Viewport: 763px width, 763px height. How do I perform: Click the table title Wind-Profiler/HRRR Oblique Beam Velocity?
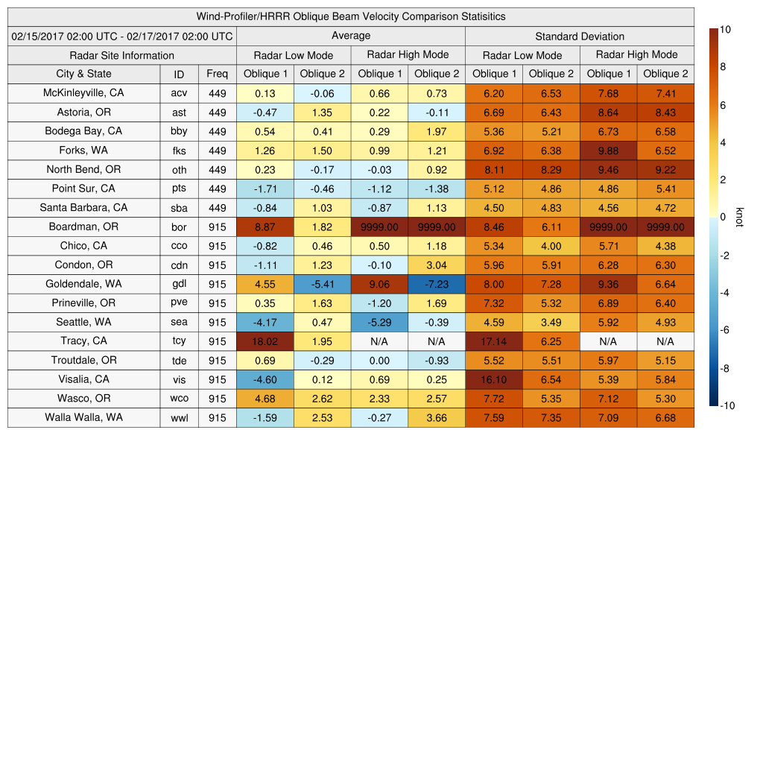tap(351, 16)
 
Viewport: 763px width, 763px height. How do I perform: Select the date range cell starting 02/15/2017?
tap(122, 36)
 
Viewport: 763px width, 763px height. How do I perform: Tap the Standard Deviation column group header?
tap(580, 36)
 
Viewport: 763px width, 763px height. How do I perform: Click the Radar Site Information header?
tap(122, 55)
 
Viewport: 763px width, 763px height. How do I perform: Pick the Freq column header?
tap(217, 74)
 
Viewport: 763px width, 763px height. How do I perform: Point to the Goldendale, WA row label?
tap(83, 284)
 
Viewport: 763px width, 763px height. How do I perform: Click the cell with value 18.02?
tap(265, 341)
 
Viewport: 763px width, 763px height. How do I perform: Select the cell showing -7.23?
tap(437, 284)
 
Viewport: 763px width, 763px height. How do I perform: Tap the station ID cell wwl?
tap(179, 418)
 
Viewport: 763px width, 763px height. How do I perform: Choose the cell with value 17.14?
tap(493, 341)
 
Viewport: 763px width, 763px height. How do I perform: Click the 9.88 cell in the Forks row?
tap(608, 151)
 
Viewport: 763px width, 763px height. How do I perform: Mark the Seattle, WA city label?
tap(83, 322)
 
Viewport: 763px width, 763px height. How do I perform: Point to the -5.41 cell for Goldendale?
tap(322, 284)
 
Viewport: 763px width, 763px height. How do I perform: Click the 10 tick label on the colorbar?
tap(725, 29)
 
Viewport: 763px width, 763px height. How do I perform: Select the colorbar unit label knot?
tap(739, 218)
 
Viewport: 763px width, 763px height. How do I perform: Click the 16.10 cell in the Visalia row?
tap(493, 379)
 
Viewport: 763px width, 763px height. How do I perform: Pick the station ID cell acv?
tap(179, 93)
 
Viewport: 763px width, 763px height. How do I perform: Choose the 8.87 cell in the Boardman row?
tap(265, 227)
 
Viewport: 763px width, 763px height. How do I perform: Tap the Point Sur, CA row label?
tap(83, 189)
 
